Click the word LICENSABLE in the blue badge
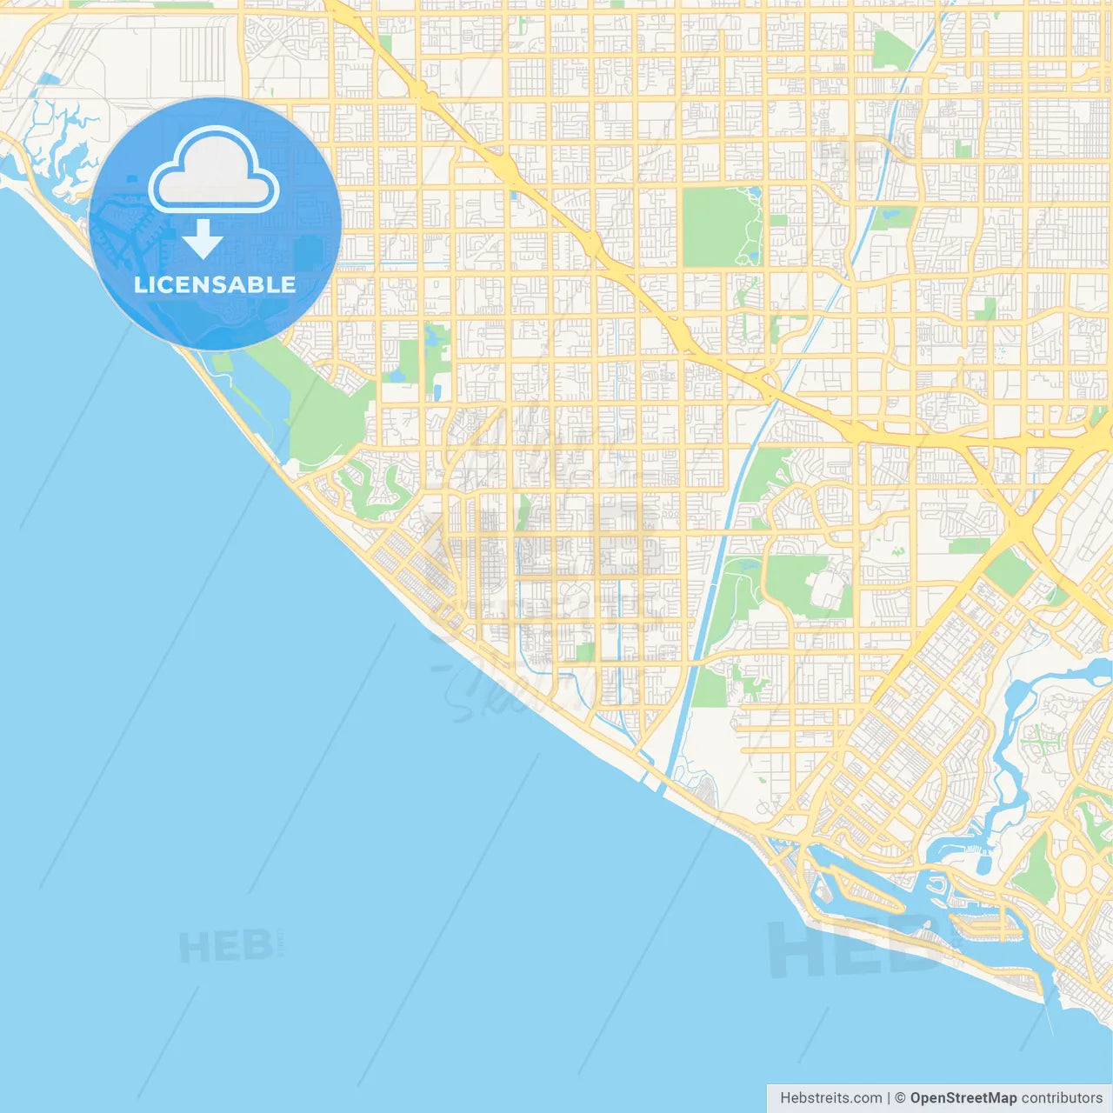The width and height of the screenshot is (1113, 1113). click(x=215, y=284)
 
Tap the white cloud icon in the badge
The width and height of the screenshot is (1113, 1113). click(x=214, y=171)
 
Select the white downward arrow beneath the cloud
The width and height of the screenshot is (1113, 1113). click(x=203, y=238)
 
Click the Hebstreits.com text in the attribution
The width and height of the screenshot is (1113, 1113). click(x=830, y=1098)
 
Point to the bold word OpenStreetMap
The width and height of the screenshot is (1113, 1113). click(x=963, y=1098)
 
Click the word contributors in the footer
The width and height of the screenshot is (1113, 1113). click(x=1062, y=1098)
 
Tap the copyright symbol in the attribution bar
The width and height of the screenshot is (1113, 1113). click(x=900, y=1098)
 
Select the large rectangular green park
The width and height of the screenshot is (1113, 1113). click(x=716, y=226)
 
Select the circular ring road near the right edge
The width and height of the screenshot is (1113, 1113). click(x=1076, y=870)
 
